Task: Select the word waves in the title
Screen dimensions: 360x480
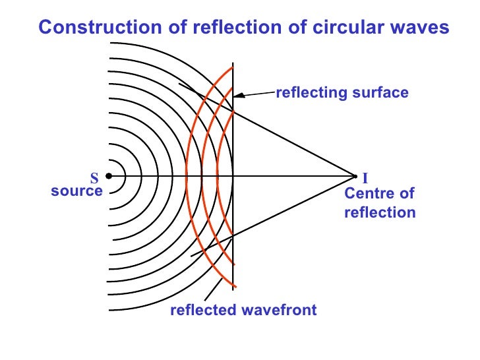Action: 416,28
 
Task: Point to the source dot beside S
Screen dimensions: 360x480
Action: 108,176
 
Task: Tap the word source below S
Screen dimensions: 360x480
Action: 76,191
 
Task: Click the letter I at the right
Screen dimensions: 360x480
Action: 365,178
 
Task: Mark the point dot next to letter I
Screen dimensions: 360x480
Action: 355,176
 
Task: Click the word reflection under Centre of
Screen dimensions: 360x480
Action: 380,212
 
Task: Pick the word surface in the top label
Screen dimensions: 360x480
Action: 376,93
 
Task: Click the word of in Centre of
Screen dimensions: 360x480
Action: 406,194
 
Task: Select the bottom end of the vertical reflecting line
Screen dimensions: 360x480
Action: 233,290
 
